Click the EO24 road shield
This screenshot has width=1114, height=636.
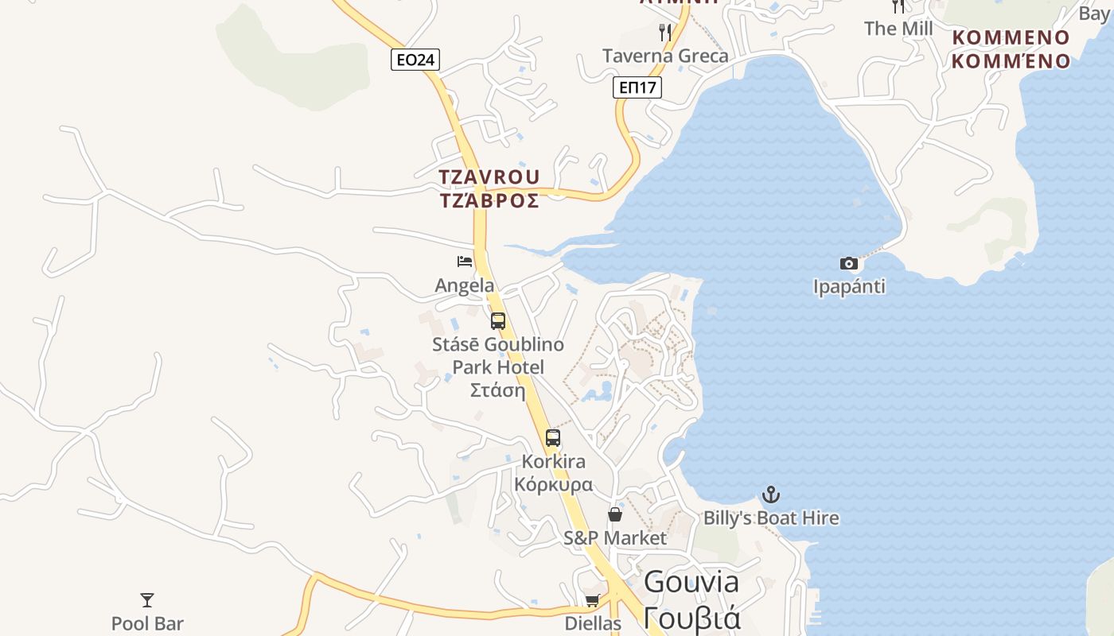pos(415,60)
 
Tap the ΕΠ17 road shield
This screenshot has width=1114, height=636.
pos(637,87)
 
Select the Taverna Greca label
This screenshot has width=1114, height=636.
pos(665,56)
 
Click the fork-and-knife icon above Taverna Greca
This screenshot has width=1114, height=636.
pos(665,33)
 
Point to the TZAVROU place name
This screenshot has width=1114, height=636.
pos(489,176)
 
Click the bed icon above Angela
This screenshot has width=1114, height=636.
pos(465,261)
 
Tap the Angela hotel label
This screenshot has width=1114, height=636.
pos(465,285)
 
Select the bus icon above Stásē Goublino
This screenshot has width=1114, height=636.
pos(498,321)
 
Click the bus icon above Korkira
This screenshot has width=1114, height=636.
pos(553,437)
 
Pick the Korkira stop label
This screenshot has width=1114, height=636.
pos(553,461)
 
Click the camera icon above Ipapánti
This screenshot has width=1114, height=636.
pos(849,263)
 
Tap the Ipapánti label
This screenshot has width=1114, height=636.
pos(849,286)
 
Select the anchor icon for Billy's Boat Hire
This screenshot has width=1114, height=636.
pos(770,494)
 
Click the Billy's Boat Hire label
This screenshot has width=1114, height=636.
pos(770,518)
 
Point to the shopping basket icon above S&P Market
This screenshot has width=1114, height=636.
pos(615,514)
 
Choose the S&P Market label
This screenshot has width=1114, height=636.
pos(615,538)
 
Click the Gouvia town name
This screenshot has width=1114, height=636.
pos(691,582)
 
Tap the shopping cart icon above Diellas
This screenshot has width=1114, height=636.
pos(592,601)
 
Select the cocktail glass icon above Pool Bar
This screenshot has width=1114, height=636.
pos(147,599)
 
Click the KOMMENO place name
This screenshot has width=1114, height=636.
pos(1011,37)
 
